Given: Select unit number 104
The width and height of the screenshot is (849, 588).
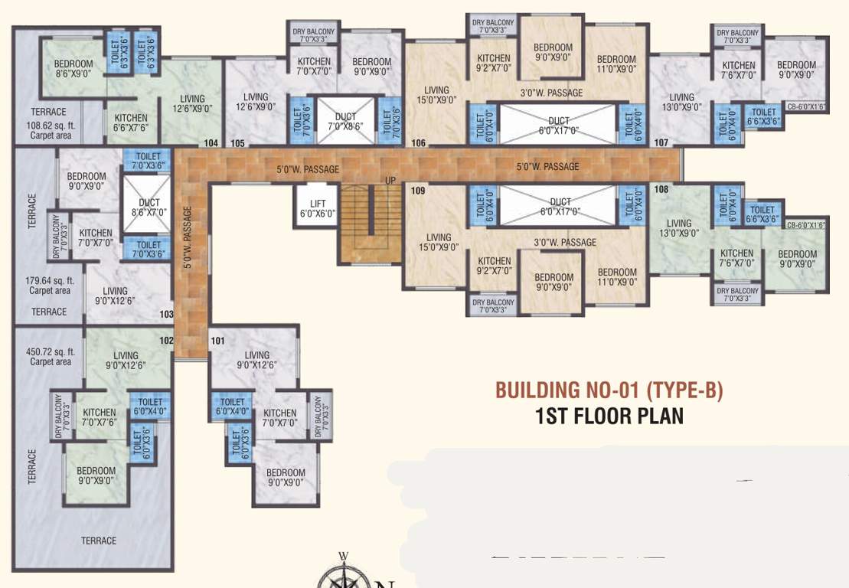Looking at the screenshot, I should pyautogui.click(x=212, y=143).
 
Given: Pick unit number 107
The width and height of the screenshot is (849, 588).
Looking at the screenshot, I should pyautogui.click(x=661, y=143).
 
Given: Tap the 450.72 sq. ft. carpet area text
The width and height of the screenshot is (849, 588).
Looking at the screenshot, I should pyautogui.click(x=51, y=356).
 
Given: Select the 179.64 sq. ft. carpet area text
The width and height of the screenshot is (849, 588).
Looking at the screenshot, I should pyautogui.click(x=51, y=286).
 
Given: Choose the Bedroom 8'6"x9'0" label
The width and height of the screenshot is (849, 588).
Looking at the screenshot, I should pyautogui.click(x=73, y=70).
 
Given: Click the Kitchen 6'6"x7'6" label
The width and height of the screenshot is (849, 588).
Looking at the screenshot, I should pyautogui.click(x=131, y=123).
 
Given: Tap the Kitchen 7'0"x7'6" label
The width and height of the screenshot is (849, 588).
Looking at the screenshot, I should pyautogui.click(x=100, y=417).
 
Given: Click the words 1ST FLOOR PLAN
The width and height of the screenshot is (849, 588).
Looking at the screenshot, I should pyautogui.click(x=609, y=416).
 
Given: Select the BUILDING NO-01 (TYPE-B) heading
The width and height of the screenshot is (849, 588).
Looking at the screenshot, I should pyautogui.click(x=609, y=390).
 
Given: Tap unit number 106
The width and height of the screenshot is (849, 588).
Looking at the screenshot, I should pyautogui.click(x=418, y=143).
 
